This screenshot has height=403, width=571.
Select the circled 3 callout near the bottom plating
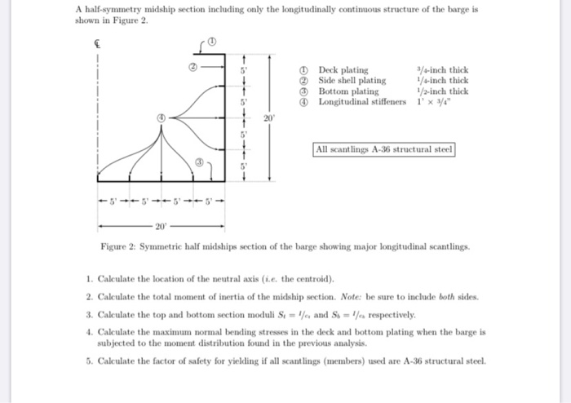click(x=198, y=163)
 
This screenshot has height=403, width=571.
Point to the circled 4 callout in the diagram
click(x=162, y=118)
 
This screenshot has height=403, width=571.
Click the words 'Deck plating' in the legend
click(x=343, y=70)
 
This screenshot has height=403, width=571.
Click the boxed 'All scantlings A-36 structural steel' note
click(x=383, y=149)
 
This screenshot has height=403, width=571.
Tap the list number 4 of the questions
click(x=88, y=333)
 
